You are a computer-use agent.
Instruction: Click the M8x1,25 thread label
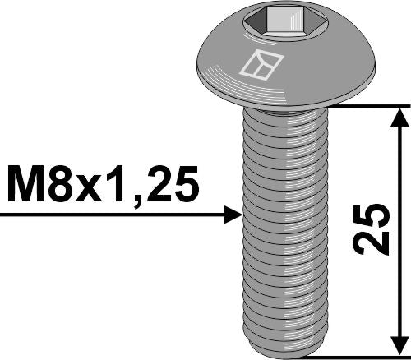[x=104, y=185]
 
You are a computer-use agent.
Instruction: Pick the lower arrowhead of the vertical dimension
[x=399, y=345]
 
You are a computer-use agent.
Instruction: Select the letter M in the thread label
[x=24, y=185]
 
